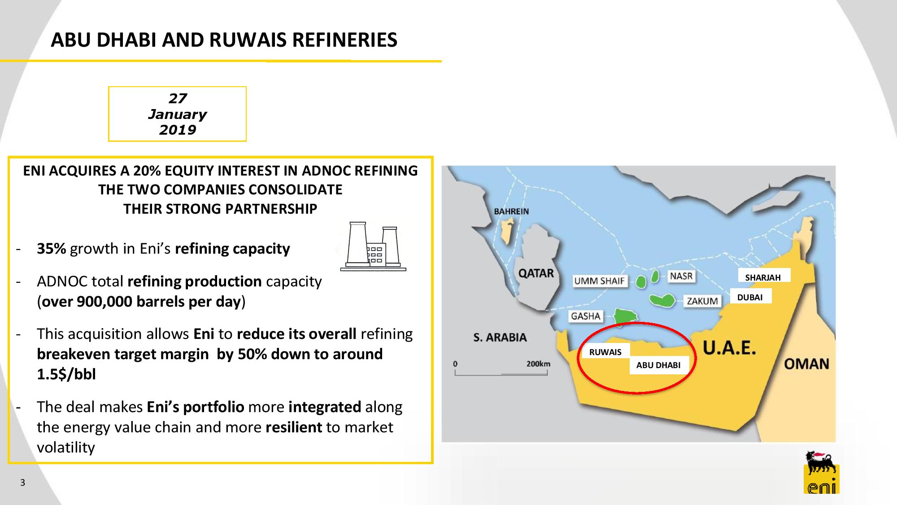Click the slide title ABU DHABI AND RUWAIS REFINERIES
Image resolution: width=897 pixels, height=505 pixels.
pyautogui.click(x=224, y=40)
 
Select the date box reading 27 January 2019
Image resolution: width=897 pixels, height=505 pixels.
pyautogui.click(x=177, y=114)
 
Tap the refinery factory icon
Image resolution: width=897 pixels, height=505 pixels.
pyautogui.click(x=373, y=246)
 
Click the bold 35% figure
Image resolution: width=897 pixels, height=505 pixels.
pyautogui.click(x=51, y=249)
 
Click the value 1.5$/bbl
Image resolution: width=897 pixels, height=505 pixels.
pyautogui.click(x=66, y=374)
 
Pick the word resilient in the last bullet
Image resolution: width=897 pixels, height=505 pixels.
pyautogui.click(x=294, y=427)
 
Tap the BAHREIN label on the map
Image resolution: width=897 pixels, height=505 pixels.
pyautogui.click(x=511, y=211)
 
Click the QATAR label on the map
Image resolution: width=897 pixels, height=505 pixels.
pyautogui.click(x=536, y=273)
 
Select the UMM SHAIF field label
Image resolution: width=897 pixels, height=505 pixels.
pyautogui.click(x=600, y=281)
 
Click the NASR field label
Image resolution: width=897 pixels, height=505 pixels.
pyautogui.click(x=681, y=276)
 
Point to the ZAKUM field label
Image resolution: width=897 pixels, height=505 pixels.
pyautogui.click(x=702, y=301)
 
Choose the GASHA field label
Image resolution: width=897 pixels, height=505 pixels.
pyautogui.click(x=585, y=316)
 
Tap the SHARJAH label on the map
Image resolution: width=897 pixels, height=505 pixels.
pyautogui.click(x=763, y=277)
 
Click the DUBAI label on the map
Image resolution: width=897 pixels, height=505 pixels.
pyautogui.click(x=750, y=297)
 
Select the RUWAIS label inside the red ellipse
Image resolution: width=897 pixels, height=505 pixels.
pyautogui.click(x=605, y=352)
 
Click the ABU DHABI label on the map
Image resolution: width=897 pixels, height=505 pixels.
pyautogui.click(x=658, y=365)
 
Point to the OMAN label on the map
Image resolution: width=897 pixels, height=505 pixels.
pyautogui.click(x=806, y=364)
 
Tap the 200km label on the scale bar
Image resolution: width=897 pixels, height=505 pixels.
pyautogui.click(x=538, y=364)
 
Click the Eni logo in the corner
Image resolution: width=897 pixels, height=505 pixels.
pyautogui.click(x=821, y=472)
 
